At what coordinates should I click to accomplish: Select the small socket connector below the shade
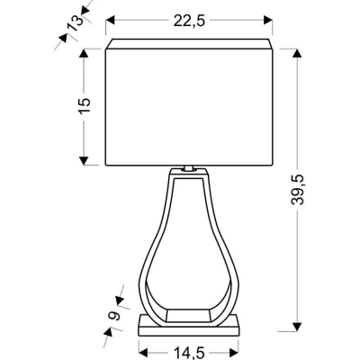click(189, 167)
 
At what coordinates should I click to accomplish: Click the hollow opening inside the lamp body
click(189, 261)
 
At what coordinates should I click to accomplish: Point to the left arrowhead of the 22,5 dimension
click(110, 20)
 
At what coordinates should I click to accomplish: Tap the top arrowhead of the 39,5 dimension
click(298, 50)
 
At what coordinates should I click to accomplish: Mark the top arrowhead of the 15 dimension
click(84, 51)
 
